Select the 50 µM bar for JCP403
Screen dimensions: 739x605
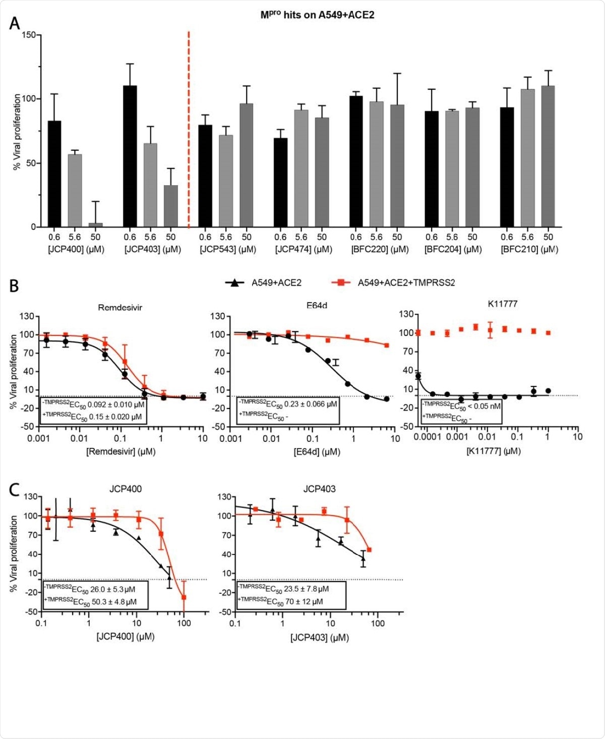point(171,206)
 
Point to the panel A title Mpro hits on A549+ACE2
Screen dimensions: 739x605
point(317,15)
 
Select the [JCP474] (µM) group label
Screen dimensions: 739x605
point(303,249)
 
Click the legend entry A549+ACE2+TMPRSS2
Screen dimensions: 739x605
point(406,282)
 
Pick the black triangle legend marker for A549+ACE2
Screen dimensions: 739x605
point(235,282)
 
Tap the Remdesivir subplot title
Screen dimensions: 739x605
point(120,307)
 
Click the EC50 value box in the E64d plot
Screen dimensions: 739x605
point(288,410)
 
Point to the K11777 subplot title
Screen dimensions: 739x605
point(503,304)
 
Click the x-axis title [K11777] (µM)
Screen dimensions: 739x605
point(493,450)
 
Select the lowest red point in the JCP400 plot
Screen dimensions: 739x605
point(184,597)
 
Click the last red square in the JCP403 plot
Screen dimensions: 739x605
point(369,550)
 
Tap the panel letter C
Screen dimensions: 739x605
point(15,490)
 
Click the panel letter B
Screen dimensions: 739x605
point(14,286)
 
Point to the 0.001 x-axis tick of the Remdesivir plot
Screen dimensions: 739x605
point(38,438)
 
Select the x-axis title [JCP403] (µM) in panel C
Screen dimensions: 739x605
point(319,638)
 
